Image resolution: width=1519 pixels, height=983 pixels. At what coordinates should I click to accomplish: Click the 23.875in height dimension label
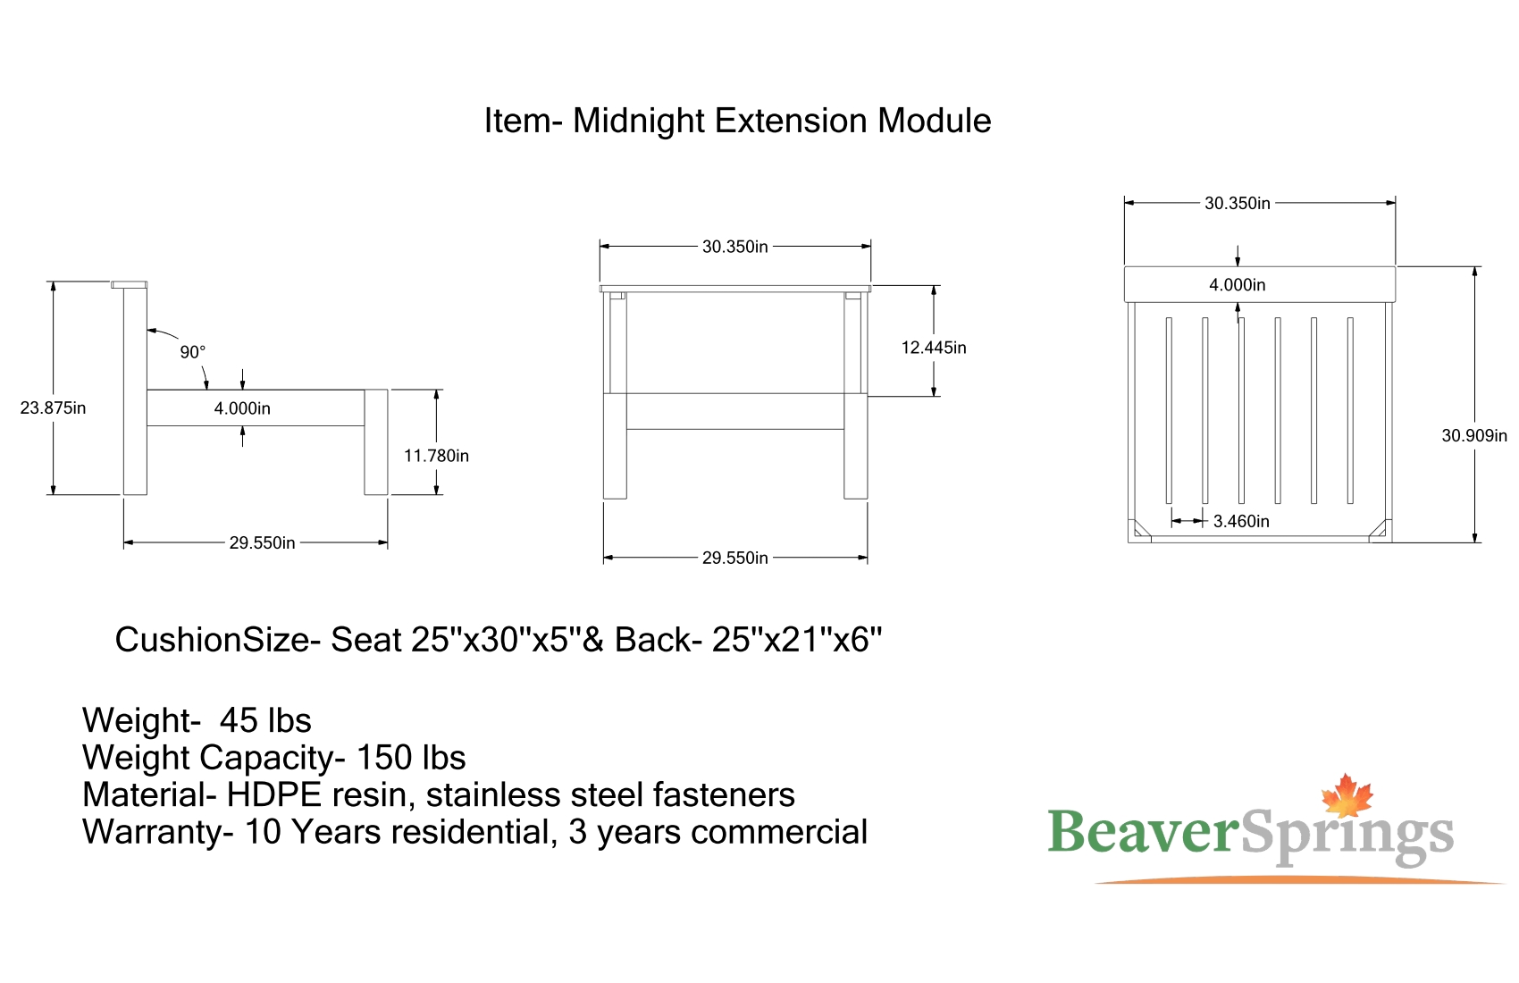pos(53,407)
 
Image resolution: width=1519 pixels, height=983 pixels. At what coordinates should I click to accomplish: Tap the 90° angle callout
pos(193,352)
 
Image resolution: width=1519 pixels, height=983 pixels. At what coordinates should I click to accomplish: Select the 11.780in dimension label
pos(437,456)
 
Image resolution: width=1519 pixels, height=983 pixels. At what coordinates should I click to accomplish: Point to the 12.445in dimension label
pos(934,348)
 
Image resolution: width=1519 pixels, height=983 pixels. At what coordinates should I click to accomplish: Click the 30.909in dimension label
pos(1474,435)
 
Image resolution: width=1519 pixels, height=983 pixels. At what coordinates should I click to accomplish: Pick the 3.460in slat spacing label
pos(1241,521)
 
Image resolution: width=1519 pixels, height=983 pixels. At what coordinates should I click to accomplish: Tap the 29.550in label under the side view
pos(263,542)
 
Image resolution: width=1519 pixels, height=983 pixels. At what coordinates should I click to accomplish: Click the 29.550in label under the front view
pos(735,558)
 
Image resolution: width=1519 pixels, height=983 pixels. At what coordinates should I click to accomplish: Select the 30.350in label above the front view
pos(735,247)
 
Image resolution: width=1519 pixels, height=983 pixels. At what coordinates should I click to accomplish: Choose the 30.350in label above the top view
pos(1238,204)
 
